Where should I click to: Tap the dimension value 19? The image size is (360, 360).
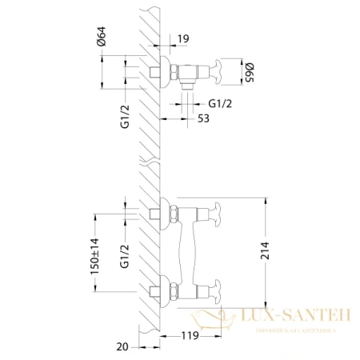[183, 38]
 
